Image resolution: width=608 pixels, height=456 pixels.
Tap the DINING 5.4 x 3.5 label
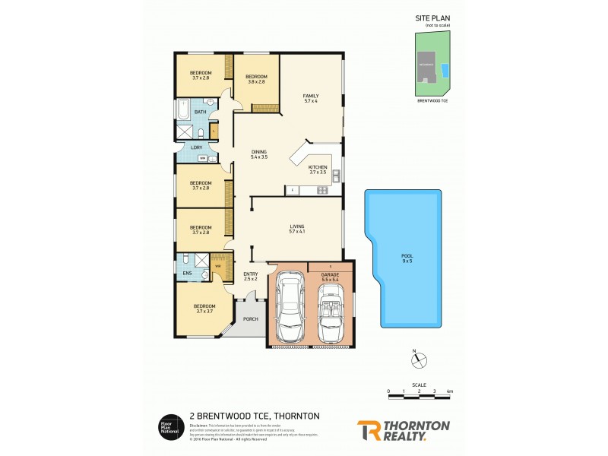(259, 154)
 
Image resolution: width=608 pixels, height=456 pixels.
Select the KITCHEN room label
(318, 169)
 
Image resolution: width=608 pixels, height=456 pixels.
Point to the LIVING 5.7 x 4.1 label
(297, 229)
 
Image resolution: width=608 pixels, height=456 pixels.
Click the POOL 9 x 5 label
(407, 258)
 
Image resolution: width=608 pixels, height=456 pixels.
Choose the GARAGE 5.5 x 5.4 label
(330, 279)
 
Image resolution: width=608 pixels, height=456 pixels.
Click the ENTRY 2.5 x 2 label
(250, 277)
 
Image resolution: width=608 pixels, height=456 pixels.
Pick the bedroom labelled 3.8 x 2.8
(255, 79)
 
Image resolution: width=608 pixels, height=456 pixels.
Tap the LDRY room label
(185, 147)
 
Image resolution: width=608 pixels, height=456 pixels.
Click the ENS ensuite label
(186, 272)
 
